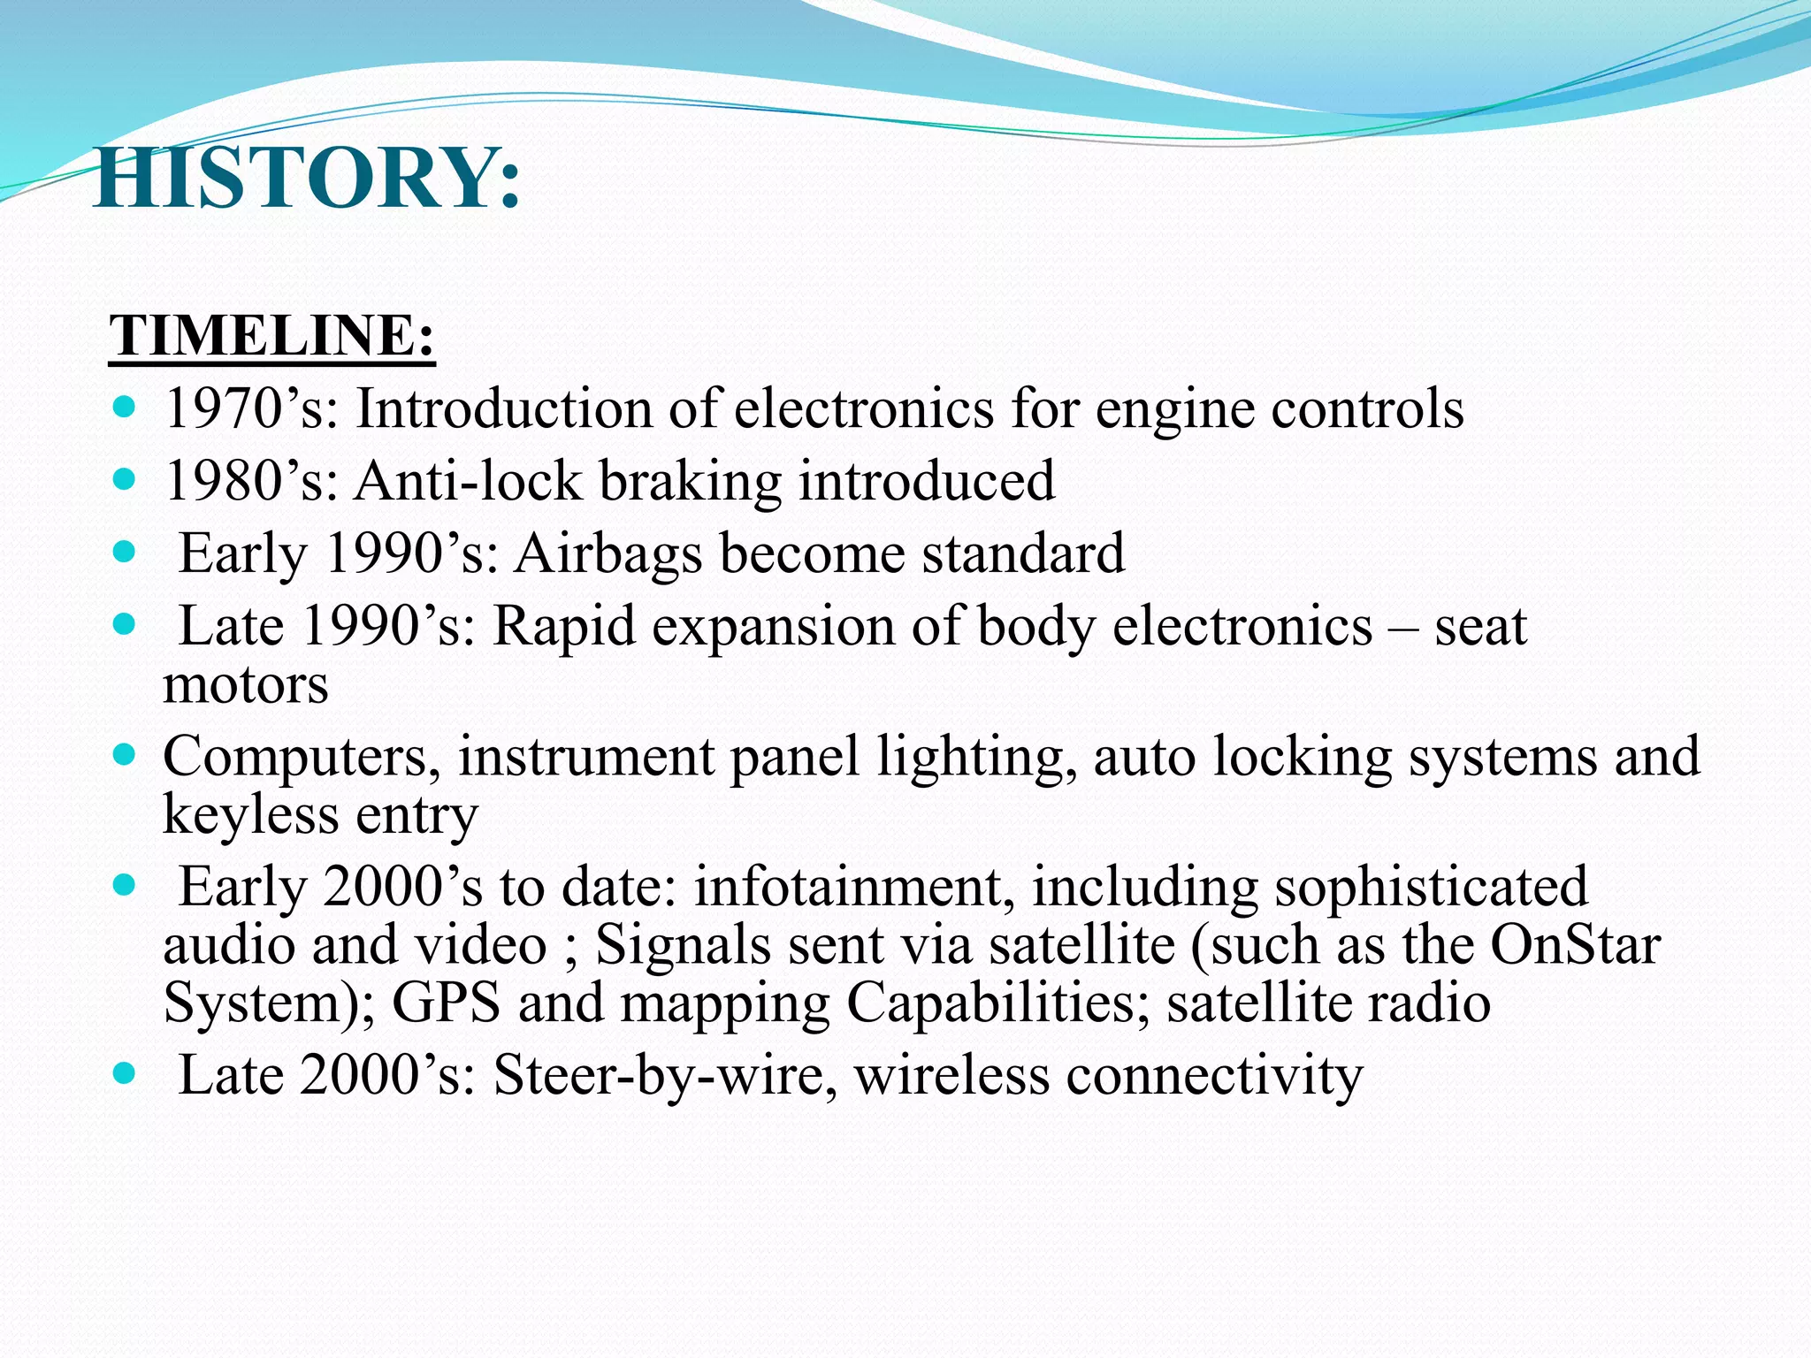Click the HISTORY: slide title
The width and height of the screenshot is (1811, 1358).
coord(306,179)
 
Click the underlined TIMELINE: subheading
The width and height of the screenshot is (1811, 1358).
coord(271,336)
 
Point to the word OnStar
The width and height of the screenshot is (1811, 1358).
coord(1575,945)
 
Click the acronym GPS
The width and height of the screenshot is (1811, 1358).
coord(446,1003)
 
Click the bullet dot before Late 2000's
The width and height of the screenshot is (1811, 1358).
coord(125,1073)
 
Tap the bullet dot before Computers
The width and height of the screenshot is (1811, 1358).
coord(125,755)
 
